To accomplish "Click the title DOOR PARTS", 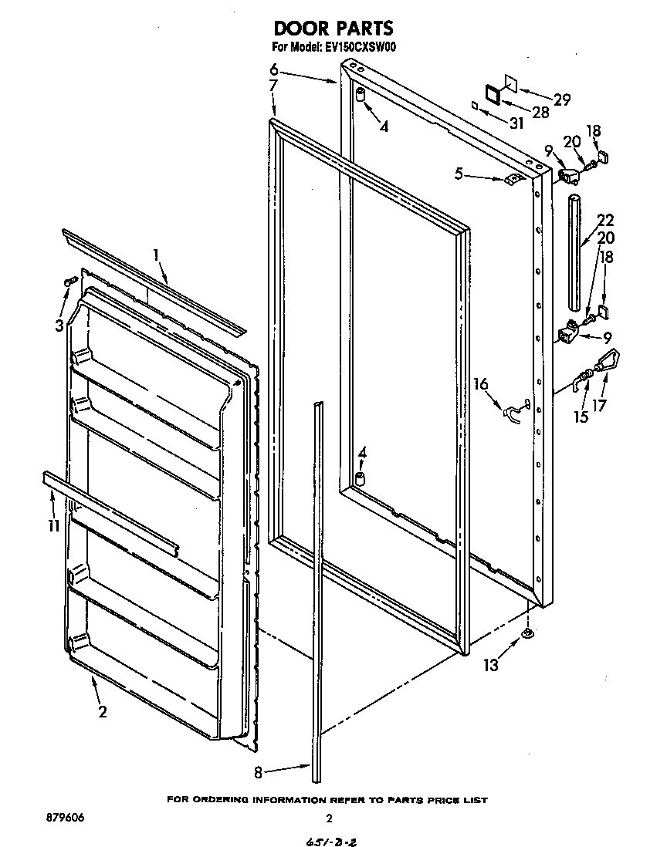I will click(x=333, y=29).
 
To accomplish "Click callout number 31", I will click(x=516, y=123).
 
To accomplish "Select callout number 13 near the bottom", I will click(x=491, y=665).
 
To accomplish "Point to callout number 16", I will click(x=481, y=383).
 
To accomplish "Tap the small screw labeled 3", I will click(x=69, y=282).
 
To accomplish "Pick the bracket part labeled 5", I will click(x=510, y=181).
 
